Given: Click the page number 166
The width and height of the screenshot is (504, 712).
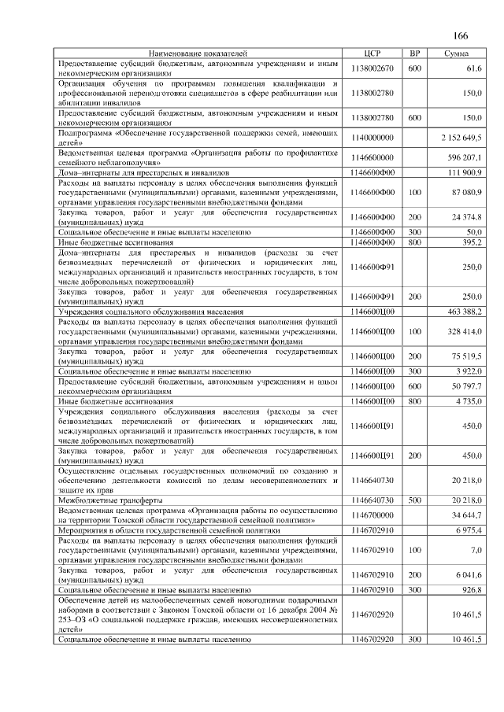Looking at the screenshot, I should (461, 36).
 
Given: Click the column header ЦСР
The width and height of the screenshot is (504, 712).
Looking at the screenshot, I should (373, 53).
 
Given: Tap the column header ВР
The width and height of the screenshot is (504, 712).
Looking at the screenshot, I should (414, 53).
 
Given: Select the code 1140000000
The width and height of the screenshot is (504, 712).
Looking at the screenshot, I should (373, 138).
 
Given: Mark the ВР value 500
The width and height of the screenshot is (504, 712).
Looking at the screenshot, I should (414, 500).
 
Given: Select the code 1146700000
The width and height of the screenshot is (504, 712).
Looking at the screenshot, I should (373, 515).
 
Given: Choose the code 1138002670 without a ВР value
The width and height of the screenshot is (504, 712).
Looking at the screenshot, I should (373, 68).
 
